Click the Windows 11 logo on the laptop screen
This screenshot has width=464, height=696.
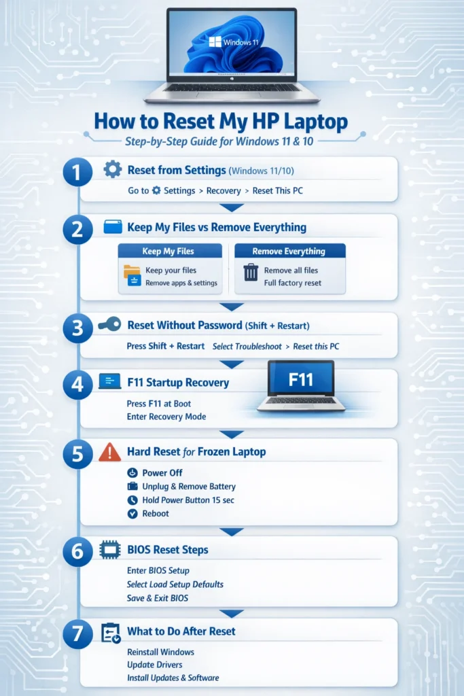[215, 41]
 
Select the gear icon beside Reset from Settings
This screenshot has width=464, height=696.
[112, 170]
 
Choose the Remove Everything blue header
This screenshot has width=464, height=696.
[289, 251]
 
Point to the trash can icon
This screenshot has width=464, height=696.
[251, 273]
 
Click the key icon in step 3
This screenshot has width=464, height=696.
[109, 325]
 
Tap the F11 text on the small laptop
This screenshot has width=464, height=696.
[300, 379]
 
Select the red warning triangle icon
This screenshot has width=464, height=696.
[109, 452]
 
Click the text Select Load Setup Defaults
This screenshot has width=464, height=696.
[175, 584]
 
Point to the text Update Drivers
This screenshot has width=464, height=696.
[156, 664]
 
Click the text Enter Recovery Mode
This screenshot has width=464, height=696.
[166, 417]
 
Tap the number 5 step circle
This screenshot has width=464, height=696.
[77, 454]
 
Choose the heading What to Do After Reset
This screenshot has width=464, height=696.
[181, 631]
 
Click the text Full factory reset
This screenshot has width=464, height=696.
[293, 283]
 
